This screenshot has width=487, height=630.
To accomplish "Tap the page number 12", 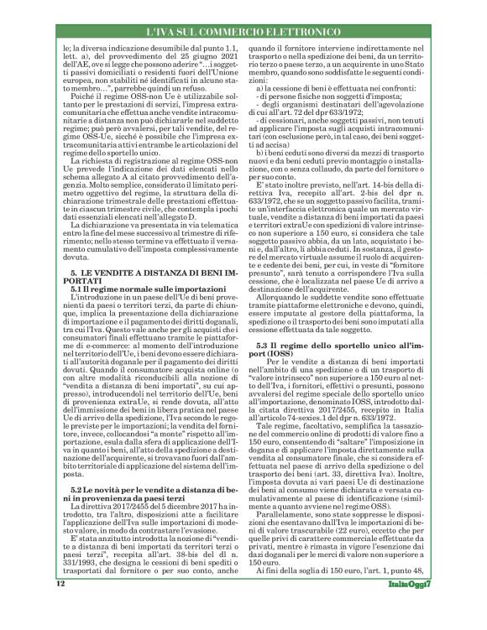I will click(60, 606).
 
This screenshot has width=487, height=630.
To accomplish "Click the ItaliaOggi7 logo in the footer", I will click(406, 607).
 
